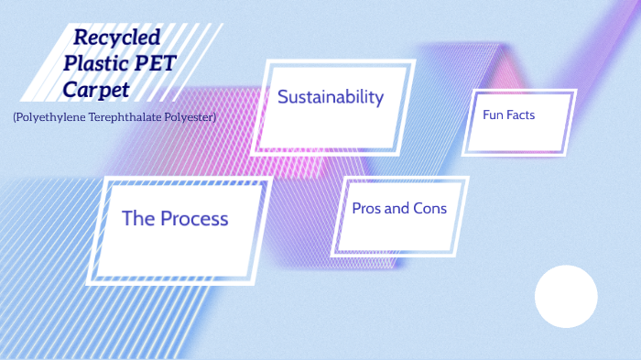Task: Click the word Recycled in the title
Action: pyautogui.click(x=116, y=38)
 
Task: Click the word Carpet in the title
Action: pyautogui.click(x=96, y=90)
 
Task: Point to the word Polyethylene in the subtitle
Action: pyautogui.click(x=50, y=117)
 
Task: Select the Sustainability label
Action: pyautogui.click(x=330, y=97)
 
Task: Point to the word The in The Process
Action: pyautogui.click(x=138, y=218)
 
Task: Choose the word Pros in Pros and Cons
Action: pyautogui.click(x=367, y=208)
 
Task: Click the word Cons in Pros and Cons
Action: pyautogui.click(x=430, y=208)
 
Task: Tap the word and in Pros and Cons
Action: pyautogui.click(x=398, y=208)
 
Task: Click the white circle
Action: pyautogui.click(x=566, y=296)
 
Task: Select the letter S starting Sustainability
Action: pyautogui.click(x=283, y=97)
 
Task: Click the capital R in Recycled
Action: pyautogui.click(x=81, y=38)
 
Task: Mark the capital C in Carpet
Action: pyautogui.click(x=71, y=90)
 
